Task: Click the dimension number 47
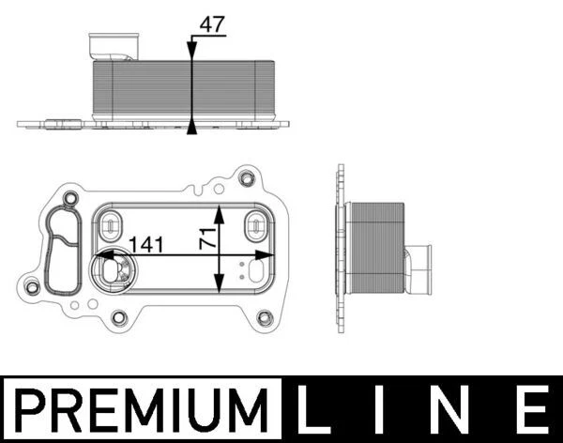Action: coord(213,25)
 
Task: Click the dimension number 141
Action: coord(147,245)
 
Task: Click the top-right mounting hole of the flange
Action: coord(247,178)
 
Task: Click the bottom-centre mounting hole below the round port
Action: coord(119,317)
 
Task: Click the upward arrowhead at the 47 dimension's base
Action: coord(192,126)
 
